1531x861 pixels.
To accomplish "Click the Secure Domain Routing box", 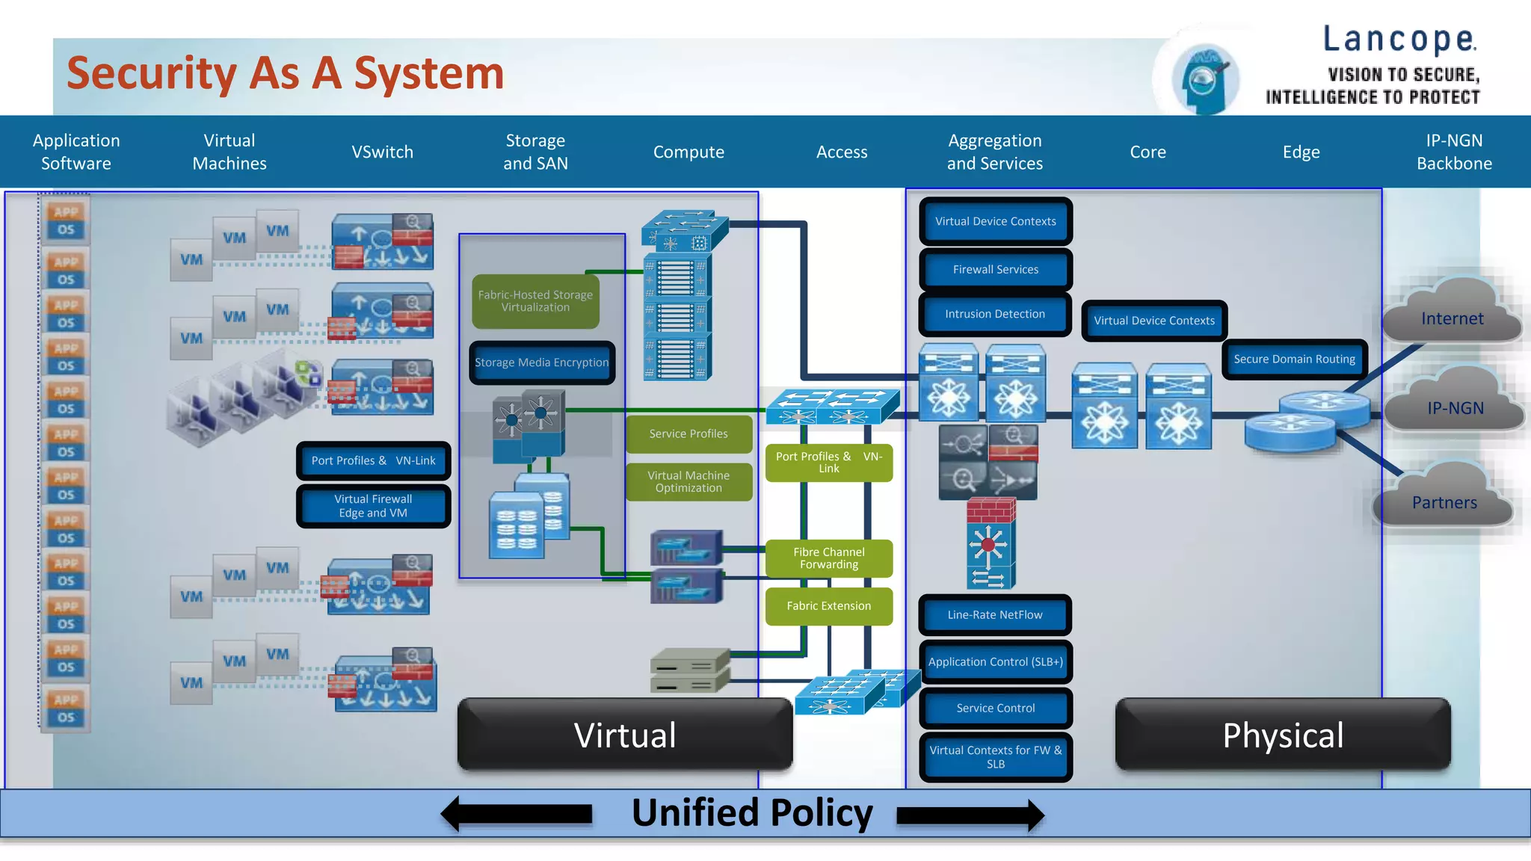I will (1294, 359).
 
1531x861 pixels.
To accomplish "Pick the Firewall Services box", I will (995, 270).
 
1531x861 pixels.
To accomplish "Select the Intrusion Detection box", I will (994, 315).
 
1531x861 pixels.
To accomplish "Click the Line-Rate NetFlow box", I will (994, 615).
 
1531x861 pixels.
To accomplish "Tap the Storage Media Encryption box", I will (542, 363).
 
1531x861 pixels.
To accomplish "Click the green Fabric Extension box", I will (828, 606).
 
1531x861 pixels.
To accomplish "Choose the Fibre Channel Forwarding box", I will (828, 558).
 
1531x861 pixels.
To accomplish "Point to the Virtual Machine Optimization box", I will (689, 482).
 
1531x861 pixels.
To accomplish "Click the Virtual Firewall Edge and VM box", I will (373, 507).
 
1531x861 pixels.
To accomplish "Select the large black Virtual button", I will (625, 735).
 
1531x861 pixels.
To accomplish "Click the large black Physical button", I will (1283, 735).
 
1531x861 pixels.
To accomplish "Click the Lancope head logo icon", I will (1204, 79).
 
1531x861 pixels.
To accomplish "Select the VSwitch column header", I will (382, 152).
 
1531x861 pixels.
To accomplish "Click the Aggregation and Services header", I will (994, 152).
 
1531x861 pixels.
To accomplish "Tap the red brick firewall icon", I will (991, 511).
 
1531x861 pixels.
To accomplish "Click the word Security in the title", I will (152, 73).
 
